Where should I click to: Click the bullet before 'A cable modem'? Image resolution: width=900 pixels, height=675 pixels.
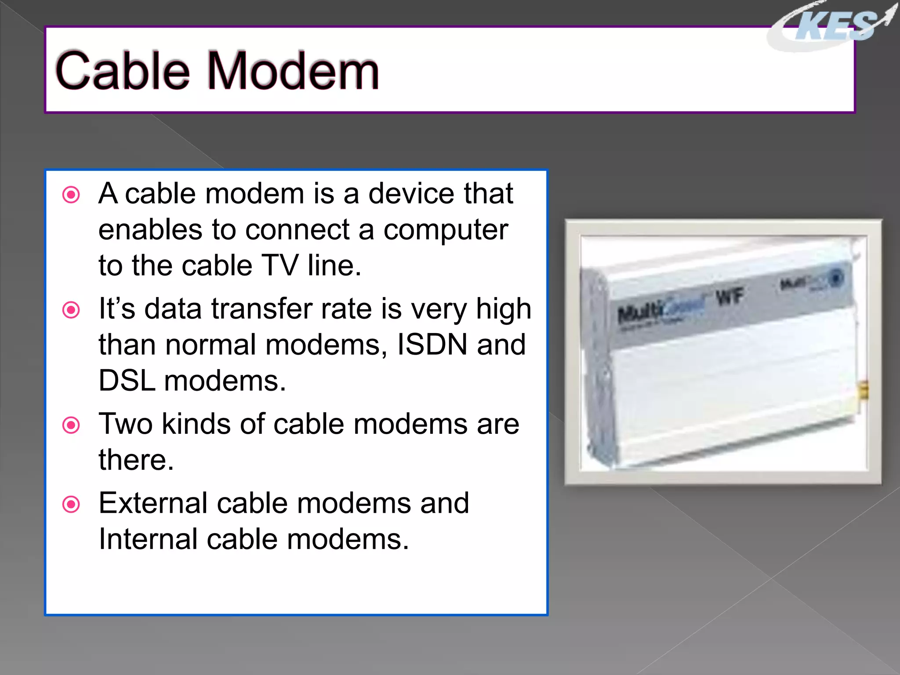71,195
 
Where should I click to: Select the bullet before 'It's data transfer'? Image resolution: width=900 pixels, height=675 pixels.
71,310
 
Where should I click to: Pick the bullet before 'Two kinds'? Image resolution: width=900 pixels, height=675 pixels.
71,425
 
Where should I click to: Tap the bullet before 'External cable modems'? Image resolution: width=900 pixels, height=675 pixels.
71,504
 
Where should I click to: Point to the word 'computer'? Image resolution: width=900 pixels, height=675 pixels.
446,229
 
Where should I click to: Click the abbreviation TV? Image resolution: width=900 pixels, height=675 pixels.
280,265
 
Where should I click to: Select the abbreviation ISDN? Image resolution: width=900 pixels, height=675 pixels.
432,345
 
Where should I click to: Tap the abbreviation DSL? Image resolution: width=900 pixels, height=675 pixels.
127,381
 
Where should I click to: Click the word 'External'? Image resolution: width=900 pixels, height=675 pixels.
152,503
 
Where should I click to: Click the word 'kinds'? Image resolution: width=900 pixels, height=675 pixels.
196,424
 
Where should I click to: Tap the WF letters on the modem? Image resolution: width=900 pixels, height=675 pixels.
729,297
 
